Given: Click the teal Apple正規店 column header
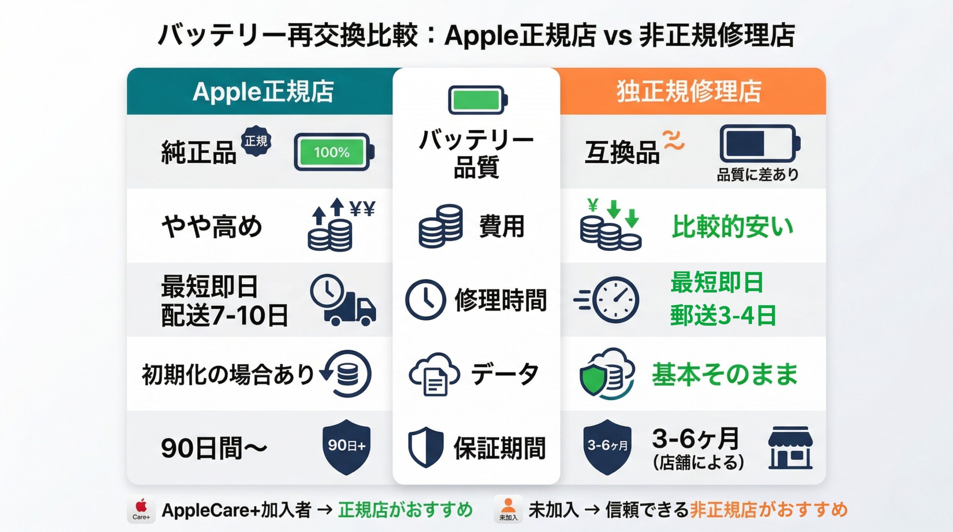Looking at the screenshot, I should (263, 92).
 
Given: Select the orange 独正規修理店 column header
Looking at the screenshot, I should (689, 92).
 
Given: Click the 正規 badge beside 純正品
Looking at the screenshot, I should (256, 141).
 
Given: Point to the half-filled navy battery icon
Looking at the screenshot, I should (759, 144).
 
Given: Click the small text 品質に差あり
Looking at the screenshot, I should (757, 174).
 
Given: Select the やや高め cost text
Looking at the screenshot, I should (211, 226).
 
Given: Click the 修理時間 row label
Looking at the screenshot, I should (500, 300).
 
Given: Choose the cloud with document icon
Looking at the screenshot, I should (434, 374).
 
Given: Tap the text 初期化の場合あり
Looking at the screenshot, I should (228, 374).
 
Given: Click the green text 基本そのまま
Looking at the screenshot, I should (724, 374).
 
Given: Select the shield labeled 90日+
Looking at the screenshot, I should (346, 446).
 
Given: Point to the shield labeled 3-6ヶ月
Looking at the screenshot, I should (607, 446).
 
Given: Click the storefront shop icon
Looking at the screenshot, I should (790, 448).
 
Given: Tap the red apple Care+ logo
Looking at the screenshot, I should (141, 510).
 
